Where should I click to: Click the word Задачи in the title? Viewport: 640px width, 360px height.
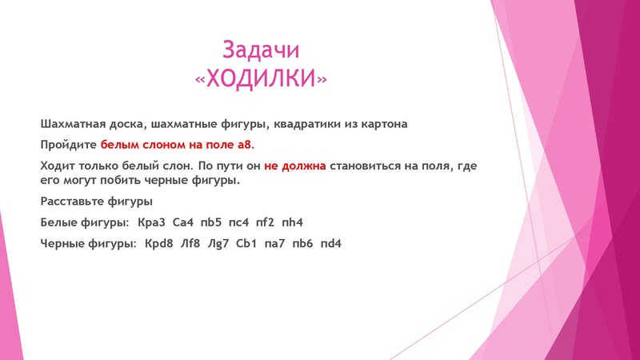click(x=261, y=50)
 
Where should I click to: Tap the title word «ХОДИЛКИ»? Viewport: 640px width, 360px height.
click(x=261, y=78)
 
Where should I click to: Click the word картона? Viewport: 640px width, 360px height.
click(x=382, y=125)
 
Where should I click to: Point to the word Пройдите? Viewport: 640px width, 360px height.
click(x=68, y=146)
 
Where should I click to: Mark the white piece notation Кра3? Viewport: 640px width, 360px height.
click(x=152, y=222)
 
